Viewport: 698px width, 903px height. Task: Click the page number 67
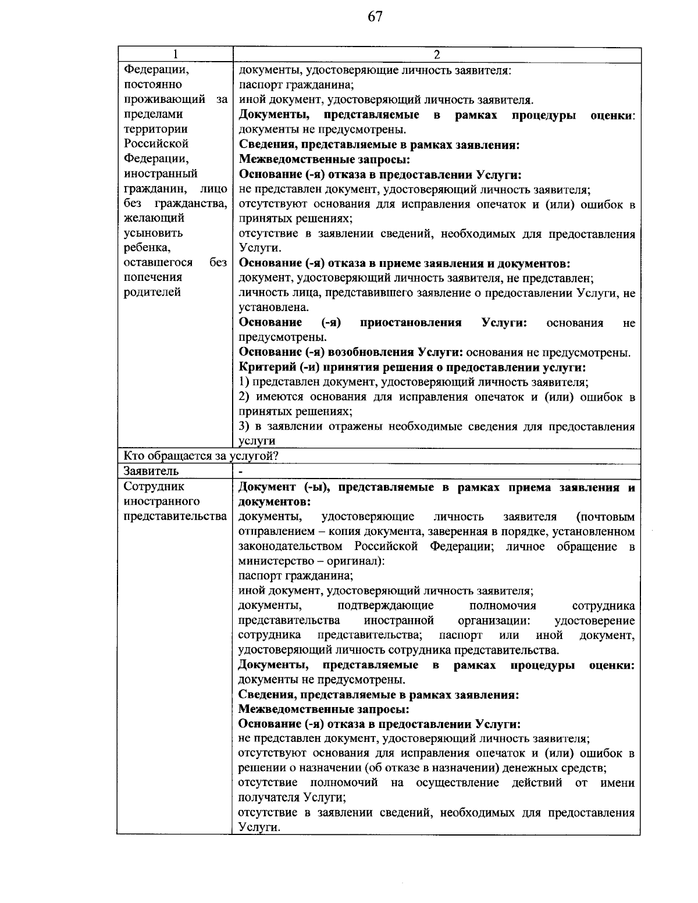tap(375, 17)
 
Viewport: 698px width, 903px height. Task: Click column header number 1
tap(175, 55)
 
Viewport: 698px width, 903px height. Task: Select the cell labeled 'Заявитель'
tap(151, 471)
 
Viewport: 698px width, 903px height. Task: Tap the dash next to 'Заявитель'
tap(241, 472)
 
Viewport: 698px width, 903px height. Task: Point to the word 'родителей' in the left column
tap(152, 292)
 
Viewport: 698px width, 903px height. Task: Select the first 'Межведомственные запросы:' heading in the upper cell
tap(325, 159)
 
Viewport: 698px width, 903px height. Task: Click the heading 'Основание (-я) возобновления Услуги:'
tap(351, 352)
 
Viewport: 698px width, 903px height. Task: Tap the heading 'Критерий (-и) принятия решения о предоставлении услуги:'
tap(412, 367)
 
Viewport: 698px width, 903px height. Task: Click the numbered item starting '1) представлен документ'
tap(414, 383)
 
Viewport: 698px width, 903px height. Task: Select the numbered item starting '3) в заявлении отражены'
tap(436, 427)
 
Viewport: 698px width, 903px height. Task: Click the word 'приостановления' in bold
tap(411, 323)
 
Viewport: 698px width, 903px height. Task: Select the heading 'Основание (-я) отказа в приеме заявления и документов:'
tap(404, 263)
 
